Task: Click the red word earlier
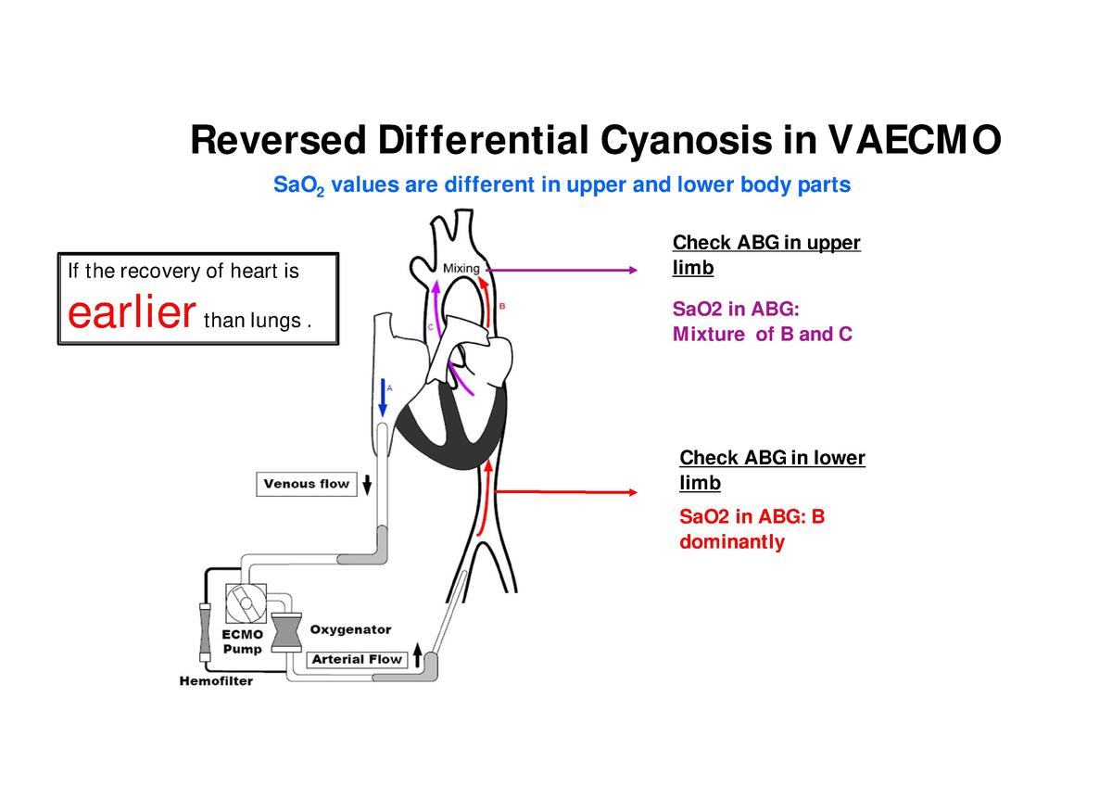click(x=131, y=313)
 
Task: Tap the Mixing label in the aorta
click(x=461, y=269)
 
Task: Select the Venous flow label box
click(x=307, y=484)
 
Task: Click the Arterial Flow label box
click(x=357, y=659)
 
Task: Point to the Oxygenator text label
click(x=350, y=629)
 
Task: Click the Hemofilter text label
click(x=215, y=681)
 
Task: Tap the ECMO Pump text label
click(x=242, y=641)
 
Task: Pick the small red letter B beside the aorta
click(x=502, y=305)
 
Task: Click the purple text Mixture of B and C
click(x=762, y=334)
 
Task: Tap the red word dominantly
click(x=731, y=541)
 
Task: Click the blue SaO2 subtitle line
click(x=562, y=185)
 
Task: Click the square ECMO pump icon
click(x=246, y=603)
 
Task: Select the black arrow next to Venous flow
click(x=367, y=484)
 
